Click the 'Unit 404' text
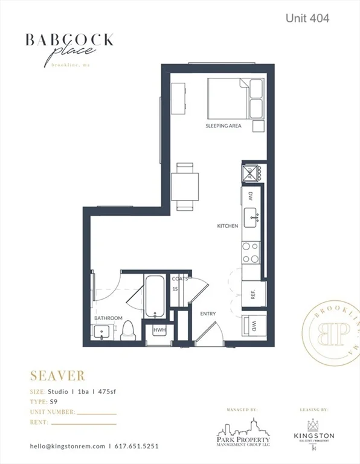coord(307,19)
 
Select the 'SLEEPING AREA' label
coord(223,126)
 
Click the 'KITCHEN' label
coord(228,226)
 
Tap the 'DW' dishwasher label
coord(251,195)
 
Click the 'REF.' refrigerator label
coord(254,295)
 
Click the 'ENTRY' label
coord(208,314)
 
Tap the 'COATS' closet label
coord(179,279)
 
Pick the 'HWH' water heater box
coord(159,330)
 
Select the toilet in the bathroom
coord(127,330)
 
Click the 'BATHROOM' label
coord(108,318)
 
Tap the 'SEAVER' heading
coord(57,376)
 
